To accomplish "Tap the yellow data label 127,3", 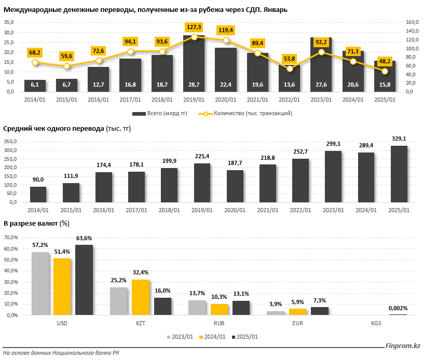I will tap(194, 27).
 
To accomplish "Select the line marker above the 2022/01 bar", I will tap(290, 69).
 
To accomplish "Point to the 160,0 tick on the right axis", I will tap(412, 22).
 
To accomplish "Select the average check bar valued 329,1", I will tap(399, 174).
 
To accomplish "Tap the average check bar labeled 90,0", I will tap(38, 195).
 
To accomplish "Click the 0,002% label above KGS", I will tap(399, 309).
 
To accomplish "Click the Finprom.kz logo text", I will tap(402, 346).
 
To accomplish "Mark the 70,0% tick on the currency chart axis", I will tap(11, 237).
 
